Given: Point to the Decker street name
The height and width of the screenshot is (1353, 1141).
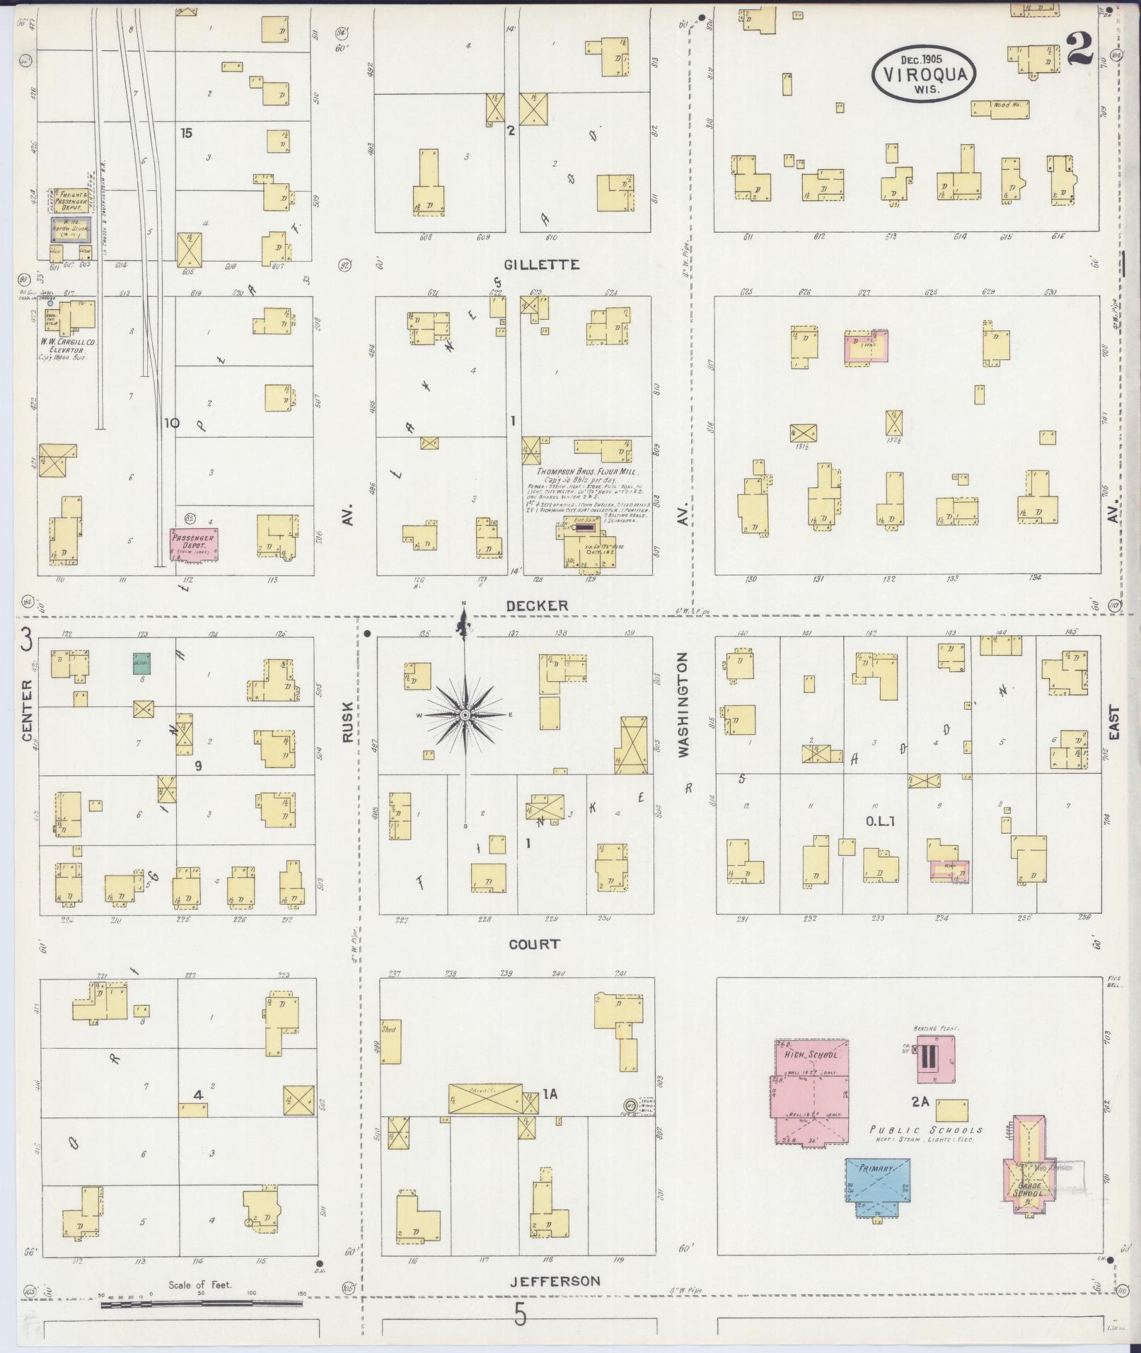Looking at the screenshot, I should [x=538, y=605].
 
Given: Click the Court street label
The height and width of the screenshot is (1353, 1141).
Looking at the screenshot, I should [x=534, y=944].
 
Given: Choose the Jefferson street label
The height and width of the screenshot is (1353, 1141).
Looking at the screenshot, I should [x=555, y=1281].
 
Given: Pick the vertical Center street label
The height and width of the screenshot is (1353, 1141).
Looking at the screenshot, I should [x=28, y=711].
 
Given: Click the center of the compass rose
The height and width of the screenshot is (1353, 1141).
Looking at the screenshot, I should [x=465, y=716].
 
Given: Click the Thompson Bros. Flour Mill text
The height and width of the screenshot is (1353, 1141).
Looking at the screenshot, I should [x=586, y=472].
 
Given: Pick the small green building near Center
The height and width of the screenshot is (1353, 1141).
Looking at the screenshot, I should [x=143, y=663].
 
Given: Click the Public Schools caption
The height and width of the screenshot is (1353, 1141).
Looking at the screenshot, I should [x=926, y=1130].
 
